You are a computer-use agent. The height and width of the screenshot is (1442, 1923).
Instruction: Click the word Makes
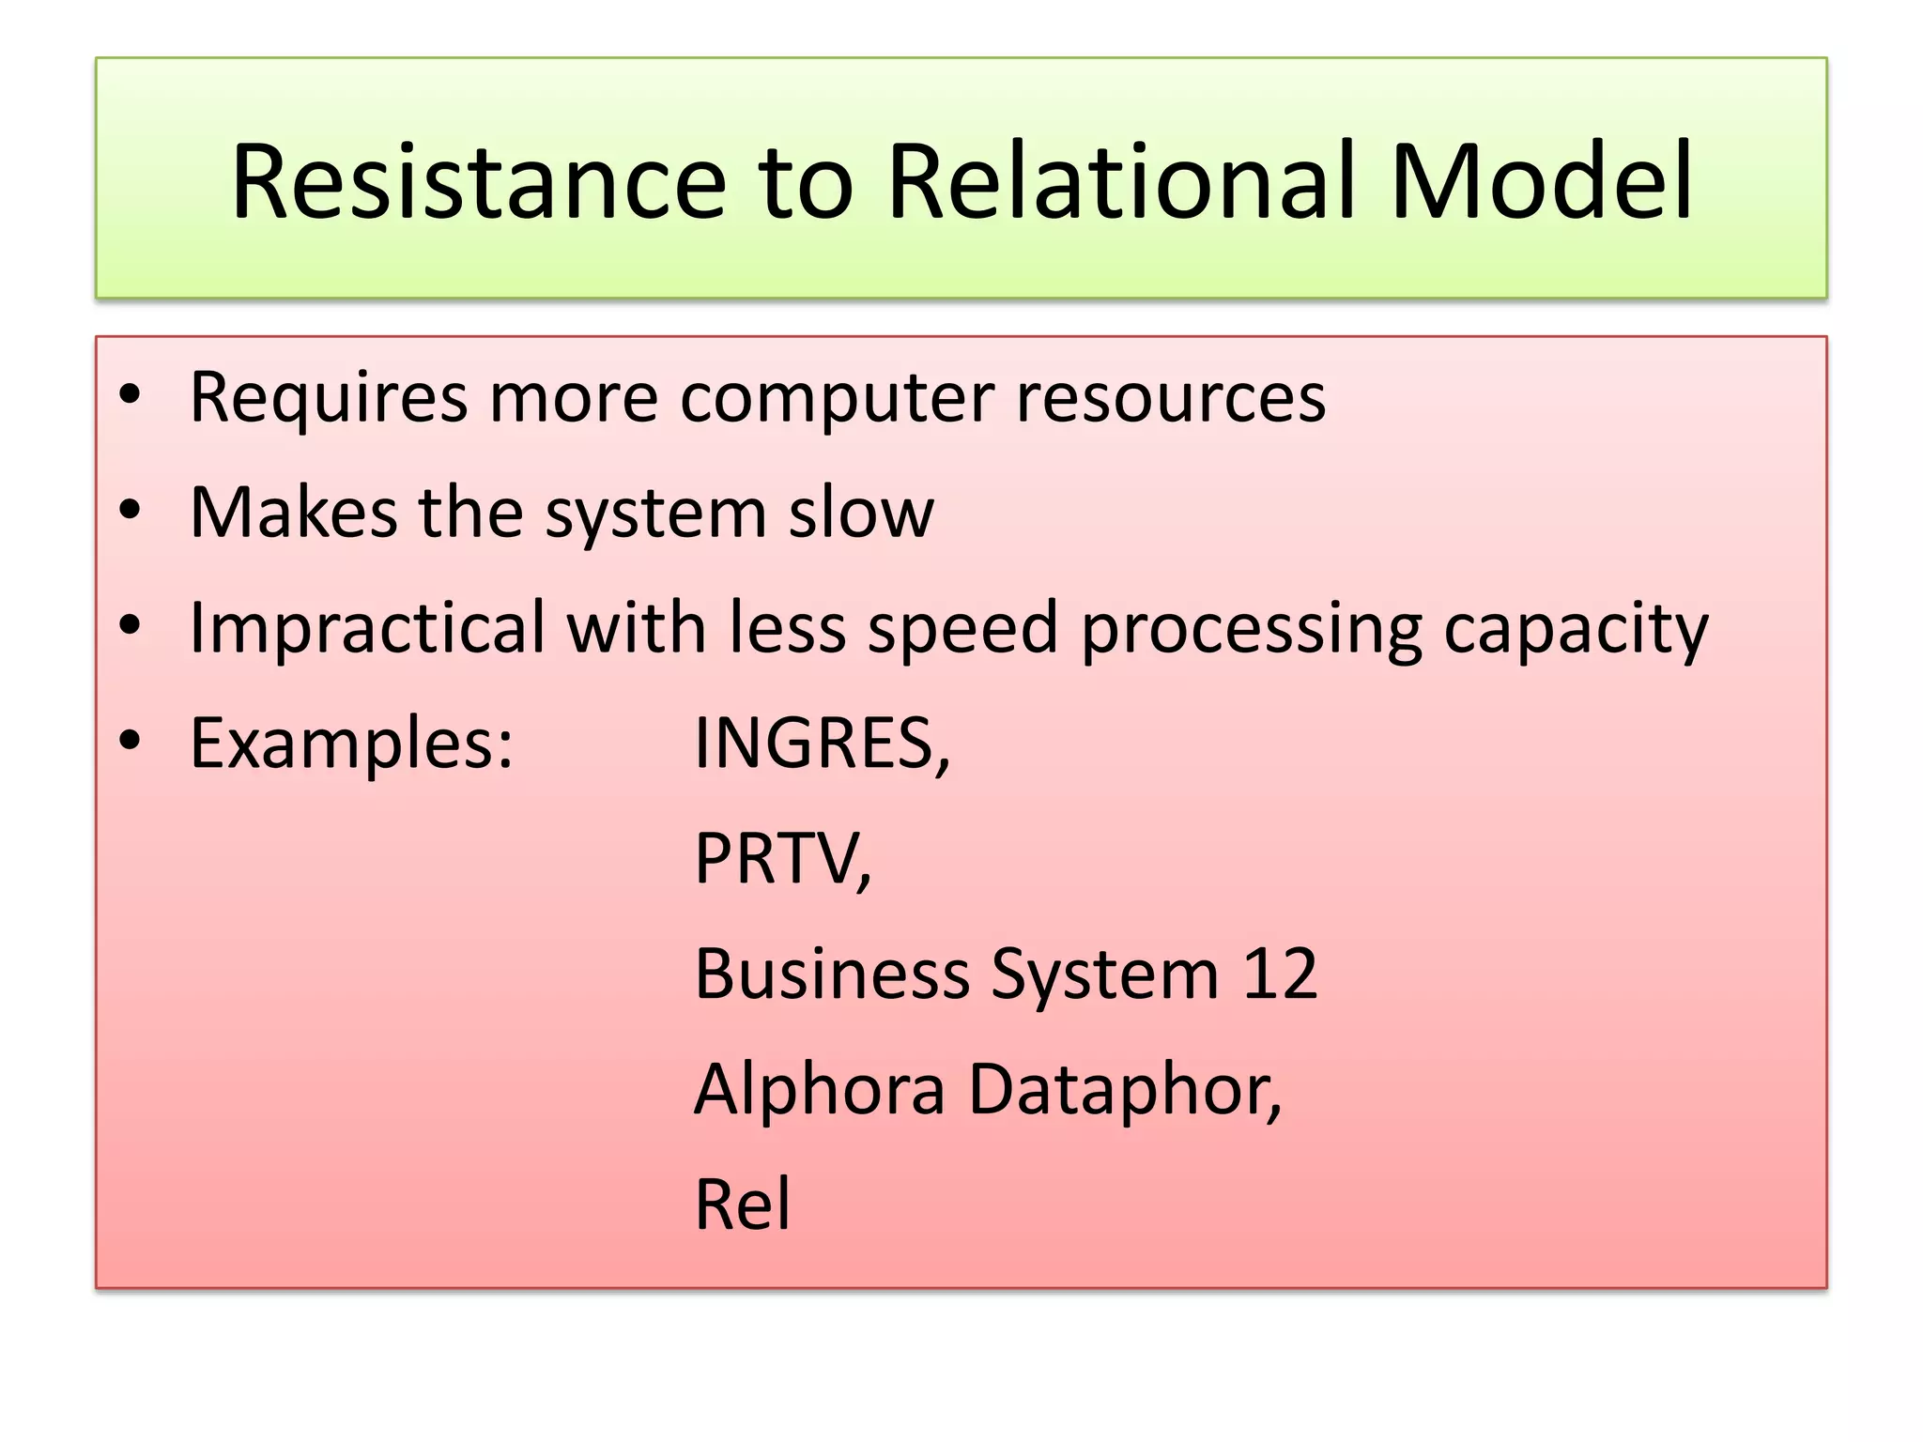[x=294, y=513]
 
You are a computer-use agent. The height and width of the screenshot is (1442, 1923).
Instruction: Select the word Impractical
[x=367, y=627]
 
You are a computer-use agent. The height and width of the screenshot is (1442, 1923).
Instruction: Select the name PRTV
[x=777, y=858]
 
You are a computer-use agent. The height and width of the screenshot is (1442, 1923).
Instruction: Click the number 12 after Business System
[x=1280, y=973]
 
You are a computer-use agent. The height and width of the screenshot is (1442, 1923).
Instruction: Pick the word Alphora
[x=820, y=1089]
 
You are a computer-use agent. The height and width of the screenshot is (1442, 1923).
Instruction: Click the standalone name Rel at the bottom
[x=743, y=1204]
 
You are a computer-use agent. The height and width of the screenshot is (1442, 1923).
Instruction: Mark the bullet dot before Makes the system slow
[x=130, y=511]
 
